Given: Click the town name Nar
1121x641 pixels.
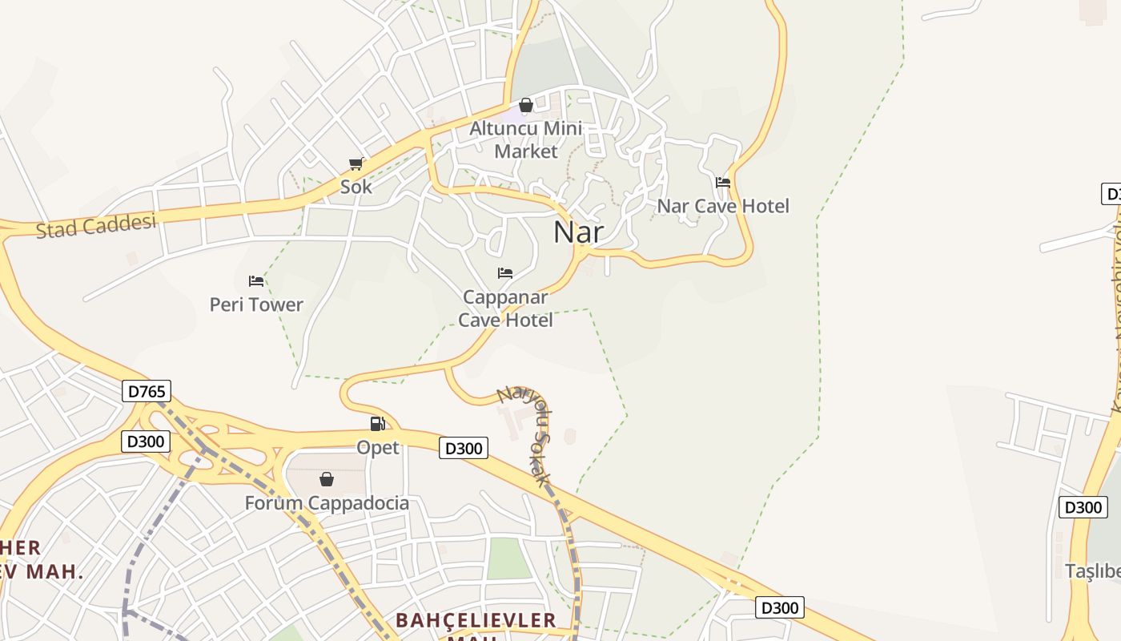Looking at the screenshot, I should (578, 232).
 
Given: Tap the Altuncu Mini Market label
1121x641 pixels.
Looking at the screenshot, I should (525, 139).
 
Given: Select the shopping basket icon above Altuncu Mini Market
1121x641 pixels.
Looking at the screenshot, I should (526, 106).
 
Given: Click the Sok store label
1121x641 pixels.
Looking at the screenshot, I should (356, 187).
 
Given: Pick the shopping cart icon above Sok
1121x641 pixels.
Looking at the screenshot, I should (356, 164).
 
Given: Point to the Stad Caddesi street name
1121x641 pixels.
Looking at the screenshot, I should (96, 226).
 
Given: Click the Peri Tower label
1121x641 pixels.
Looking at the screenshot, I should (256, 304).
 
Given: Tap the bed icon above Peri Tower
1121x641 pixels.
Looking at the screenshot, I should (256, 281).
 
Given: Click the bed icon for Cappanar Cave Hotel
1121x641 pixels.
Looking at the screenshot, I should (505, 273).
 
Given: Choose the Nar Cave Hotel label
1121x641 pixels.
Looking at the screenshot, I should (723, 206).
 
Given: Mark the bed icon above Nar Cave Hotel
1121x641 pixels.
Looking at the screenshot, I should (723, 183).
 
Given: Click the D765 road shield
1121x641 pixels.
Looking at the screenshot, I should (147, 391).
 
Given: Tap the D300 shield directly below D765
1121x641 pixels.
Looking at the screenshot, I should (146, 441).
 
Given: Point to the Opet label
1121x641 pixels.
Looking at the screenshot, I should (378, 447).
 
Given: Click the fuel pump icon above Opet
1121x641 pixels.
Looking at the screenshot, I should (377, 424).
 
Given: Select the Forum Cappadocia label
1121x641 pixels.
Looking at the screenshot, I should (327, 503).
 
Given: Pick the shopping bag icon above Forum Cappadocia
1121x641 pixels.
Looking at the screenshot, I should (327, 479).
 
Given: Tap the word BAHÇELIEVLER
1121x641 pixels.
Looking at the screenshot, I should (476, 620).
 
